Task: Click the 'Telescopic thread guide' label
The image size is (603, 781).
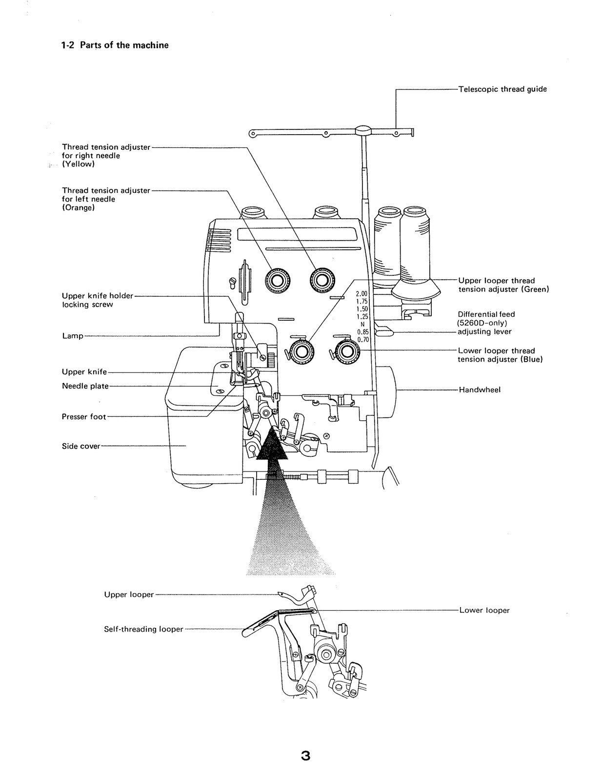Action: (x=502, y=89)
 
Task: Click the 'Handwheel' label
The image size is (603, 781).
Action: (x=480, y=390)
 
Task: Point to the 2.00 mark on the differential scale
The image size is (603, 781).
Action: (x=362, y=294)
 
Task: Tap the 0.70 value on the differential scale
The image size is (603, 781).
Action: (x=362, y=339)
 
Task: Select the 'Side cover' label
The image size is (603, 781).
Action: (x=81, y=446)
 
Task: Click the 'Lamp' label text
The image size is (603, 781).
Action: (x=72, y=336)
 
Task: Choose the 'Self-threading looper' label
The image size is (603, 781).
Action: (x=143, y=630)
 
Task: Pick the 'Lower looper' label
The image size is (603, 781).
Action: (x=484, y=611)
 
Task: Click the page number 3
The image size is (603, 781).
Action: (x=305, y=756)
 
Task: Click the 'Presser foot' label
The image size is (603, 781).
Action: (x=83, y=417)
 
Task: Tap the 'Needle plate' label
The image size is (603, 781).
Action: (x=85, y=386)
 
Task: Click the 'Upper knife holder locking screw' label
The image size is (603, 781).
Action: (x=97, y=300)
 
